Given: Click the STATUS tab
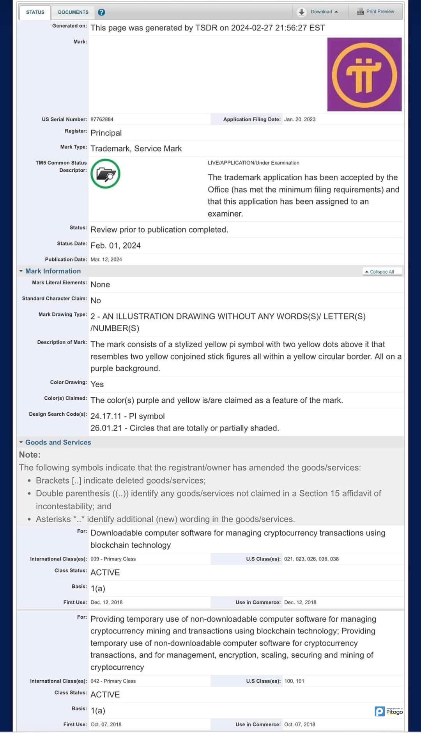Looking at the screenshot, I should pos(35,12).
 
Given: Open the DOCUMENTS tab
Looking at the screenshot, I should pos(73,12).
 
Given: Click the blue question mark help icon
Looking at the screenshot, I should pos(101,12).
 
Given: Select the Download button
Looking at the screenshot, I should pos(318,12).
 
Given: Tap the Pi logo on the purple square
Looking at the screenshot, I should pos(364,75).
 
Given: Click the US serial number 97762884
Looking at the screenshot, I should pos(102,119).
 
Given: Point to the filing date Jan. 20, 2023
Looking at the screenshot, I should pos(300,119).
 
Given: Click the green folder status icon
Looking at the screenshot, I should pos(105,174).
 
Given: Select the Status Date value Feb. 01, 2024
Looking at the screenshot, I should pos(115,246).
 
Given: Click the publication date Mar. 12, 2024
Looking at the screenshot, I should pos(106,260).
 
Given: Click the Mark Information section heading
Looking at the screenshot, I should pos(53,271).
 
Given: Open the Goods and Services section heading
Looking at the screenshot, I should pos(58,442).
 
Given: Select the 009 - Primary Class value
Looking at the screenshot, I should pos(113,559).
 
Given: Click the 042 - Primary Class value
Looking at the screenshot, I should pos(113,681).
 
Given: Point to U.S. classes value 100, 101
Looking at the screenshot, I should pos(294,681).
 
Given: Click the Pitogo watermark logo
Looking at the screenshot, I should pos(389,712).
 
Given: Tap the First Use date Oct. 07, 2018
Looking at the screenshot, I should pos(106,724).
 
